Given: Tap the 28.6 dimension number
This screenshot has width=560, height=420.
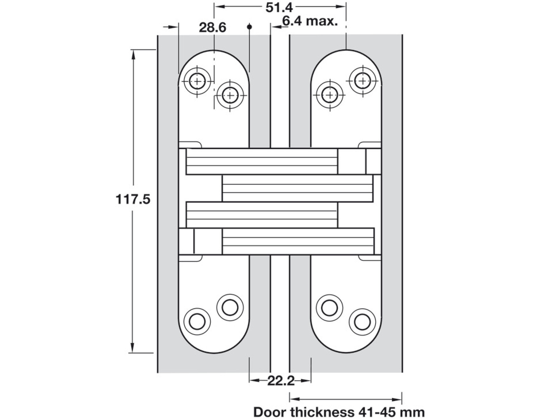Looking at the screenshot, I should point(212,28).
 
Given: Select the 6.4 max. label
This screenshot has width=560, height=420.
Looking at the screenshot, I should point(310,21).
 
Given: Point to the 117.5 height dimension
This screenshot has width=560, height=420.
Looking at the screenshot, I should point(133,199).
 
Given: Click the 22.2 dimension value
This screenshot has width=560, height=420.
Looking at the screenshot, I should point(281,381).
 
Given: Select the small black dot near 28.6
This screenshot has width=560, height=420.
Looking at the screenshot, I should point(249,27).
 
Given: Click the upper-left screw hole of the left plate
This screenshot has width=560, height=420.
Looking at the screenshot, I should point(197,82).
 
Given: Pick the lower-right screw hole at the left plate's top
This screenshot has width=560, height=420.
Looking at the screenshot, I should point(230,95).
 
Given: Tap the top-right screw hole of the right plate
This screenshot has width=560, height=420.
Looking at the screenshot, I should point(362,81).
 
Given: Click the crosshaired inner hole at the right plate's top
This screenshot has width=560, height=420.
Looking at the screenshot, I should point(329,95).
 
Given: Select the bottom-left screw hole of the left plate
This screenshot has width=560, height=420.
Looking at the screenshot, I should point(197,321).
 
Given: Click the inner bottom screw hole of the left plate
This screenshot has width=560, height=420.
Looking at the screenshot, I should point(230,307).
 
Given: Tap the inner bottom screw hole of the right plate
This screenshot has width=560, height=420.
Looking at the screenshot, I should point(329,307).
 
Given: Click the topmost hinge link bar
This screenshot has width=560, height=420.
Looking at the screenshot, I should point(262,161).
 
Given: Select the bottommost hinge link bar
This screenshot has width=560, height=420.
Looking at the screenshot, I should point(298,241).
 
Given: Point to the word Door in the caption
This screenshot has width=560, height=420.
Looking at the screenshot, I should point(269,413).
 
